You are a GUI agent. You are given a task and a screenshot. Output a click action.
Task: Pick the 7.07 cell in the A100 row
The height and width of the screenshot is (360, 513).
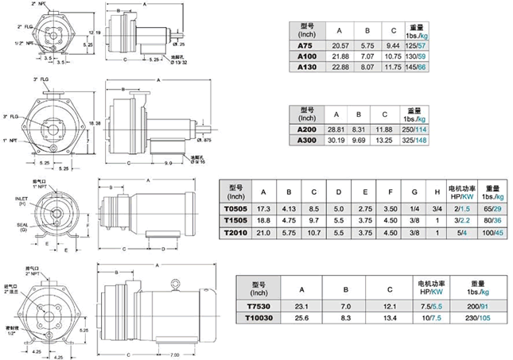[x=368, y=58]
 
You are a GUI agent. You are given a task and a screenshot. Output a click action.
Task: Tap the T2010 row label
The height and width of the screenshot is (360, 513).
[x=235, y=232]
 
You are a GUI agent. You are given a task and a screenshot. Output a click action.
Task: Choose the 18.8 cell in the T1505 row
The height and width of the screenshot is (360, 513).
[x=265, y=219]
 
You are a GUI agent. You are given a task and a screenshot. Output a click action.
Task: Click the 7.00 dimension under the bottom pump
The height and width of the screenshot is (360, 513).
[x=173, y=354]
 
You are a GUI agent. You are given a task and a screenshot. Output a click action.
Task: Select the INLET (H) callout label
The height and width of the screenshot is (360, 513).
[x=22, y=200]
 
